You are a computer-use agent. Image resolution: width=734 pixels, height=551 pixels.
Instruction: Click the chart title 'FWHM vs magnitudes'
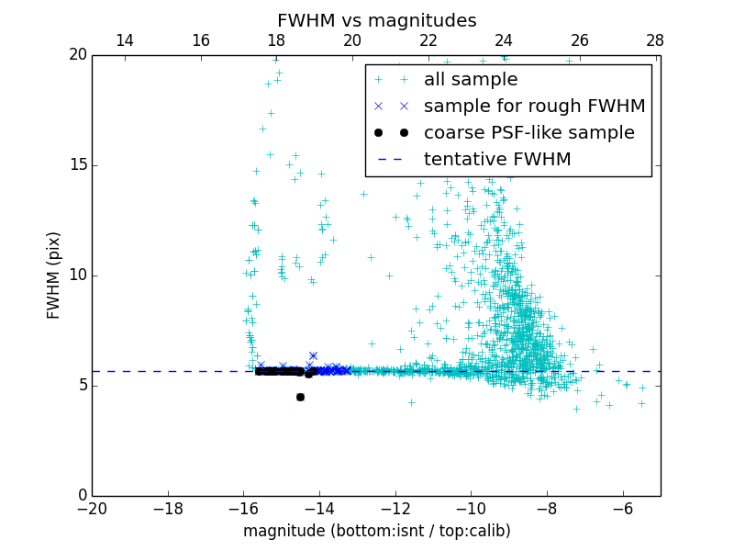[x=376, y=20]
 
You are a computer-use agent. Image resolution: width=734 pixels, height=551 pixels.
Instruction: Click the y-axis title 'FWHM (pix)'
[x=54, y=275]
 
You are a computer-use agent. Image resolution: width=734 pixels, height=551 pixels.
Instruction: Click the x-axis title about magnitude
[x=376, y=531]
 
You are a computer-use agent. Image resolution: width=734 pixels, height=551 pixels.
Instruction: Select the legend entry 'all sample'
[x=471, y=80]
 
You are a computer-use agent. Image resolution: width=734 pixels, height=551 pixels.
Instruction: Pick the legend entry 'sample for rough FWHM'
[x=534, y=107]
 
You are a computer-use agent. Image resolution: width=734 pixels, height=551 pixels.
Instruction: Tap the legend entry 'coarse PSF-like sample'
[x=528, y=133]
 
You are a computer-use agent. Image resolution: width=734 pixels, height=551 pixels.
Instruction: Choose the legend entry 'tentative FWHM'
[x=497, y=160]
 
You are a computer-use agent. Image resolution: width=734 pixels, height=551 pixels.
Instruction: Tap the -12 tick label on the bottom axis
[x=395, y=509]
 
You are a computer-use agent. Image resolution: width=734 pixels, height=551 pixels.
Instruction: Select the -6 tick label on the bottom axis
[x=622, y=509]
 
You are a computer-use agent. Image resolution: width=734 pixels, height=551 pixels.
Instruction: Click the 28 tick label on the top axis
[x=655, y=40]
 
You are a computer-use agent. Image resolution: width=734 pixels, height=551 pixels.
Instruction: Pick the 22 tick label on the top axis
[x=428, y=40]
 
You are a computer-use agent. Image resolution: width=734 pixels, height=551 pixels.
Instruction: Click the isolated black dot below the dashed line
[x=300, y=397]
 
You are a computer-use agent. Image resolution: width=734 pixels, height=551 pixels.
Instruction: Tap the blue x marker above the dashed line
[x=313, y=355]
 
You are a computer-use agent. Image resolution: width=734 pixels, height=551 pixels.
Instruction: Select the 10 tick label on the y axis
[x=75, y=275]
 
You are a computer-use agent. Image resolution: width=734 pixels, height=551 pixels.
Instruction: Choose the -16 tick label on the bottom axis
[x=243, y=509]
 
